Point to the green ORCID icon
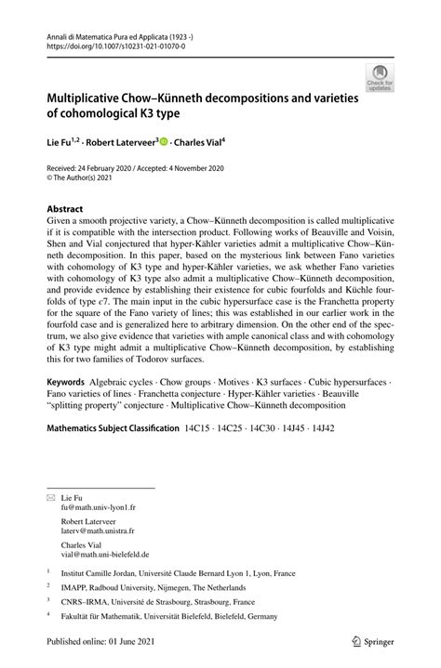click(164, 142)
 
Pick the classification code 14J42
click(321, 454)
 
